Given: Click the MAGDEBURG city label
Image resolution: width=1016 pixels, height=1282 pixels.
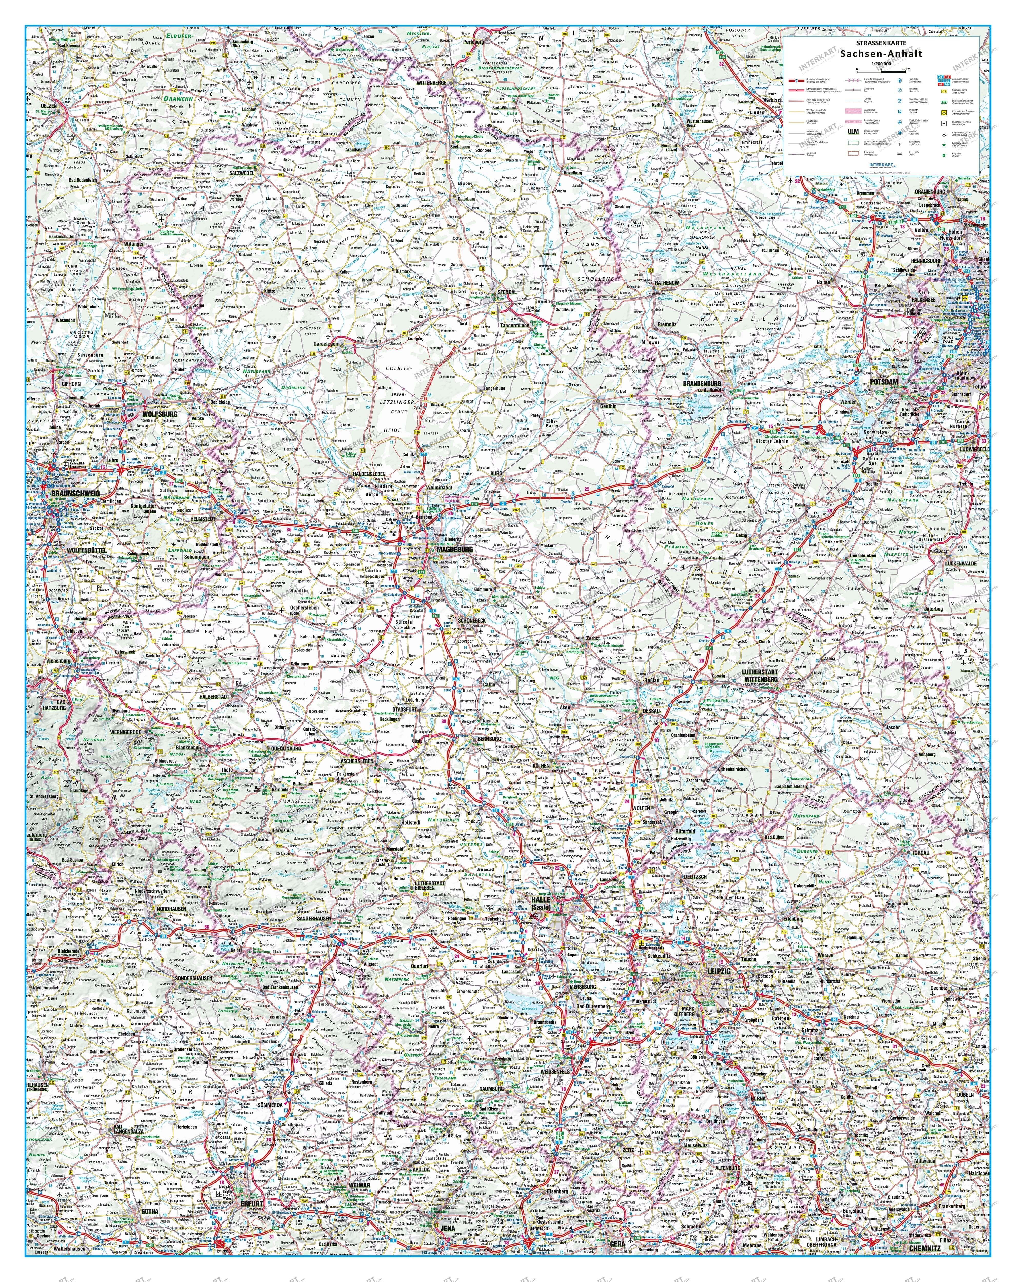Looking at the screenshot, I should click(454, 549).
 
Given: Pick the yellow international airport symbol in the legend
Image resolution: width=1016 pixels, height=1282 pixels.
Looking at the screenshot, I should click(944, 113).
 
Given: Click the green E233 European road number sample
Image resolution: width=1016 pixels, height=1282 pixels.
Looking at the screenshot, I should click(944, 102).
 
